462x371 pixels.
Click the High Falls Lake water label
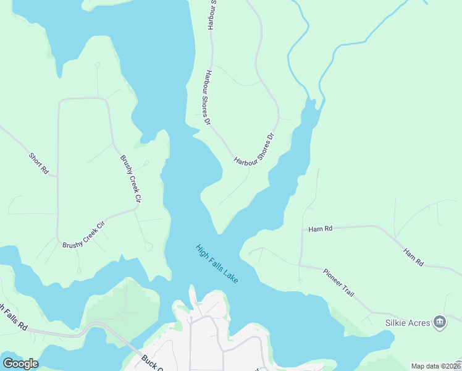(217, 264)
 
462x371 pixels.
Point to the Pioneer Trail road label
(338, 282)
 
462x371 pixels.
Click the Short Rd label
(38, 162)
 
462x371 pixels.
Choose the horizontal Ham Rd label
(321, 229)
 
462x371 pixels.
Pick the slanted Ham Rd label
(413, 257)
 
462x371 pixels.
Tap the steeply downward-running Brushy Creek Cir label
(131, 179)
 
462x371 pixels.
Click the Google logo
(20, 363)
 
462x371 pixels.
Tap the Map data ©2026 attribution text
(435, 366)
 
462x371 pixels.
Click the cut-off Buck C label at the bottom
(151, 362)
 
